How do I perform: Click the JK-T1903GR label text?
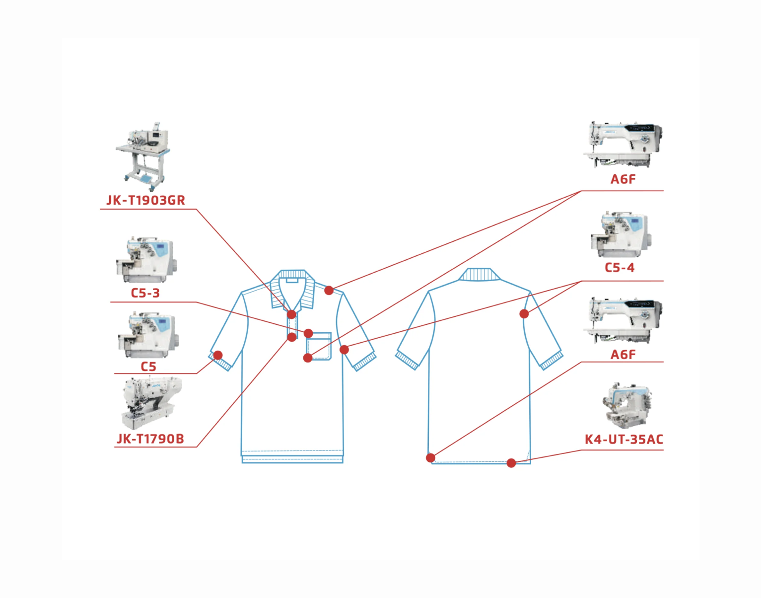(x=145, y=200)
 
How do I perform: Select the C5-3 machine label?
(x=145, y=293)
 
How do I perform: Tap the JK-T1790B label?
(x=150, y=439)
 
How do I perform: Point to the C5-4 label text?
(x=619, y=268)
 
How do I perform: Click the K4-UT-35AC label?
(x=623, y=440)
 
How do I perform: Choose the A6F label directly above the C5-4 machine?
(x=623, y=179)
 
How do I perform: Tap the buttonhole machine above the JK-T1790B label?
(x=150, y=402)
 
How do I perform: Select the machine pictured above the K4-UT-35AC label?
(x=625, y=405)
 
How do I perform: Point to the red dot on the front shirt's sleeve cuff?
(x=218, y=355)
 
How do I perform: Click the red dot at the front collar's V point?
(x=291, y=314)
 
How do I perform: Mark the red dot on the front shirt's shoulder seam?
(x=329, y=290)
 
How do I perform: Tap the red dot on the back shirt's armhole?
(x=524, y=313)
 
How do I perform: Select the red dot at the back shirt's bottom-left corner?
(x=430, y=457)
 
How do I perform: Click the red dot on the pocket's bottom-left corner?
(x=308, y=358)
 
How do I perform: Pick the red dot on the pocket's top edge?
(x=308, y=333)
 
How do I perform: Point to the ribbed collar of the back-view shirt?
(x=480, y=275)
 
